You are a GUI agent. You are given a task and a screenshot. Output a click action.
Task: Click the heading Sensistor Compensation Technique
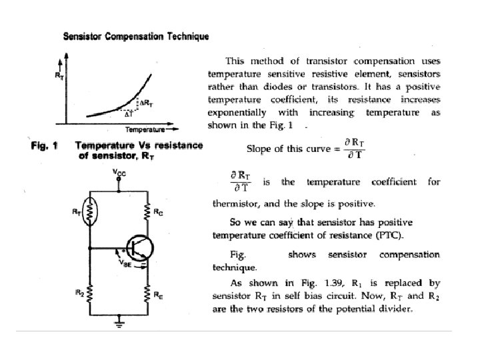pyautogui.click(x=135, y=37)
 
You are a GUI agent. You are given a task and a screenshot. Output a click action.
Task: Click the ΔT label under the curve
pyautogui.click(x=130, y=114)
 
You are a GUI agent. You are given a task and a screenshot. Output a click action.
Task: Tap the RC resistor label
pyautogui.click(x=157, y=213)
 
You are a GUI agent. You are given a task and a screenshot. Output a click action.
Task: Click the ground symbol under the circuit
pyautogui.click(x=120, y=325)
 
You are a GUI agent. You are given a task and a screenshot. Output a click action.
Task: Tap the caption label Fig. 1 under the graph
pyautogui.click(x=45, y=145)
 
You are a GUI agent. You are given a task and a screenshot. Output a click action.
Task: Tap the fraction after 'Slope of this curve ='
pyautogui.click(x=350, y=149)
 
